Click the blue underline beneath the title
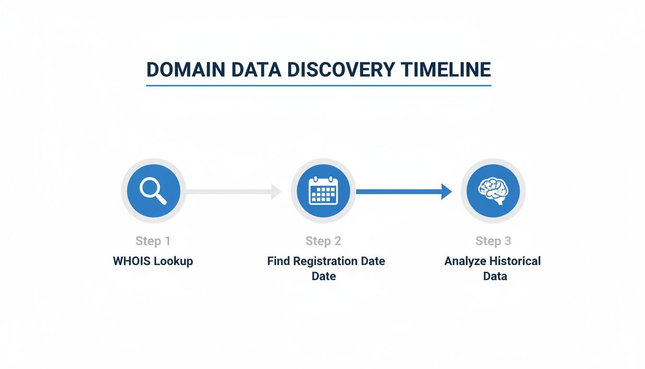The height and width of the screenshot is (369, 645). [x=319, y=86]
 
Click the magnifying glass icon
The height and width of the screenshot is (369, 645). [x=154, y=191]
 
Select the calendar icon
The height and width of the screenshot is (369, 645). [x=323, y=191]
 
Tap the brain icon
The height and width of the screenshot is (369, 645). [x=493, y=191]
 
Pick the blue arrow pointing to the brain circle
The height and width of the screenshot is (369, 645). [x=404, y=191]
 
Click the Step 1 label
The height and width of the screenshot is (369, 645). [x=153, y=241]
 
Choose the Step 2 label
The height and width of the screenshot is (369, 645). [x=323, y=241]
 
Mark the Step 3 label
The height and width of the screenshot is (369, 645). [x=493, y=241]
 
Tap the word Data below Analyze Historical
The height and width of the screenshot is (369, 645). [x=495, y=276]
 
